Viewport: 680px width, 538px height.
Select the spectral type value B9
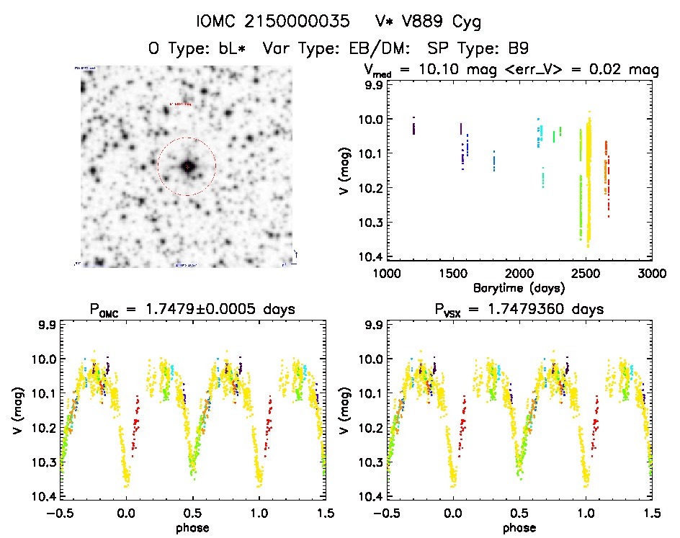pyautogui.click(x=517, y=49)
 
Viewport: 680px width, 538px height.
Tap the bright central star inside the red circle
pyautogui.click(x=187, y=166)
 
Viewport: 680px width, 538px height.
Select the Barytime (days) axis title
pyautogui.click(x=519, y=287)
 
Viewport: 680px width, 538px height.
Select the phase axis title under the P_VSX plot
pyautogui.click(x=519, y=527)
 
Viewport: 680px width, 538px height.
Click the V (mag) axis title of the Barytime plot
pyautogui.click(x=350, y=169)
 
